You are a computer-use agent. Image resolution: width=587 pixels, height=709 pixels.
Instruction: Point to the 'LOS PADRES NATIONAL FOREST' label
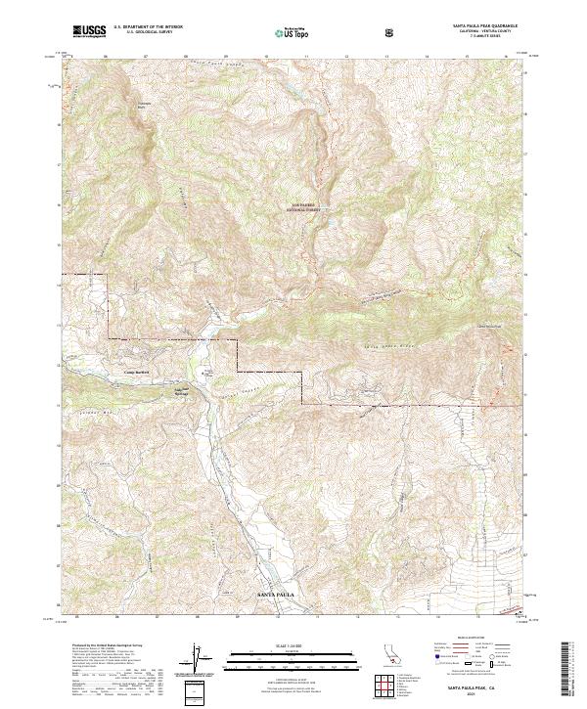pyautogui.click(x=301, y=207)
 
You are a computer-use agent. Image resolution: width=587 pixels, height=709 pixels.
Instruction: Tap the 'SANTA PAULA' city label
pyautogui.click(x=274, y=595)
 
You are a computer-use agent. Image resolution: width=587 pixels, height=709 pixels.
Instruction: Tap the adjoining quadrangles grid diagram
pyautogui.click(x=391, y=686)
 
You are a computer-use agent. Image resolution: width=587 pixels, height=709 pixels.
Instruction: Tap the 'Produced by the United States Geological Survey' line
pyautogui.click(x=103, y=646)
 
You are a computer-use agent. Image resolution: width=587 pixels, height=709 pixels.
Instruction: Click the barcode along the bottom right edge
pyautogui.click(x=569, y=670)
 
